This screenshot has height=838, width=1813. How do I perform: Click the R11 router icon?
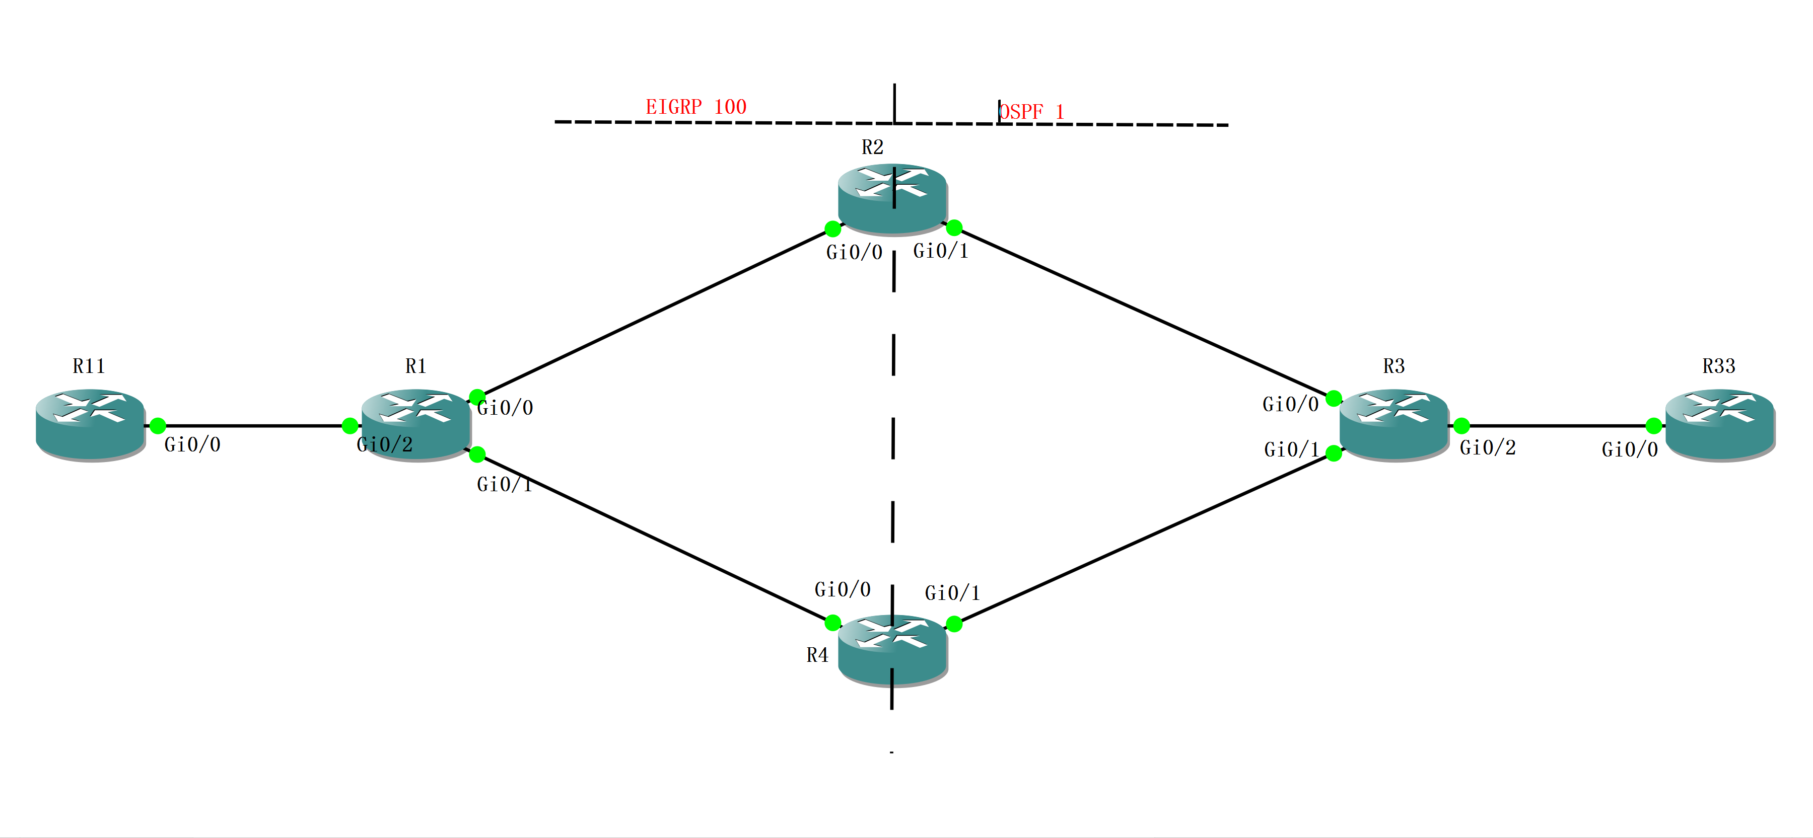90,424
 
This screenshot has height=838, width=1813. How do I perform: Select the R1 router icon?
416,424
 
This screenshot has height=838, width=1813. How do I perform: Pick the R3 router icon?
1393,424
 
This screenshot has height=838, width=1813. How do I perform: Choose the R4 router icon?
892,649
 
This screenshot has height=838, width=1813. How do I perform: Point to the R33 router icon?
1719,424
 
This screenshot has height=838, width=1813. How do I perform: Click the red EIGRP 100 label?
695,107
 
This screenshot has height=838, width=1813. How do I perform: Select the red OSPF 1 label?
1032,112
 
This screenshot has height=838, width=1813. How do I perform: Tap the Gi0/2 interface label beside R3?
1487,447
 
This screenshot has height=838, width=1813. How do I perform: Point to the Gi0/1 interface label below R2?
940,251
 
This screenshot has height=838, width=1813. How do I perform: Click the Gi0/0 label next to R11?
192,445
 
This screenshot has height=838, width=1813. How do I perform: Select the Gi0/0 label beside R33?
1629,449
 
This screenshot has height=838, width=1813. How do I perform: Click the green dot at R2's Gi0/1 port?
954,227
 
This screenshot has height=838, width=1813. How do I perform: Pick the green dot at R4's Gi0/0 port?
832,622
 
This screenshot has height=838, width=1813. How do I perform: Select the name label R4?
817,656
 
